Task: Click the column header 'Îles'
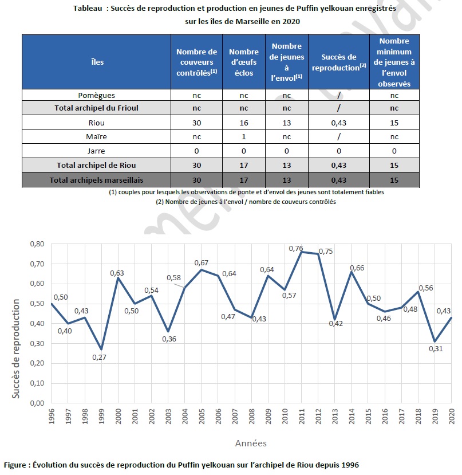[x=97, y=62]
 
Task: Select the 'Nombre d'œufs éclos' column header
[x=244, y=62]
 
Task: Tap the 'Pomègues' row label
[x=97, y=95]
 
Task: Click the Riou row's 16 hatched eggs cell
[x=244, y=123]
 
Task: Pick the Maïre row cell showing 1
[x=244, y=136]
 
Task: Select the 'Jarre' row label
[x=96, y=151]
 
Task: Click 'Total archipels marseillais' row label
[x=96, y=180]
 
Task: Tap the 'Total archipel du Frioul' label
[x=96, y=108]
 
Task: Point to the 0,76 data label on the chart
[x=296, y=249]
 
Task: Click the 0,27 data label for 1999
[x=99, y=357]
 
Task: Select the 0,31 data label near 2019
[x=436, y=349]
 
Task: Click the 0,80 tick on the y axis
[x=37, y=244]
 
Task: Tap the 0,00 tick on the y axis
[x=37, y=403]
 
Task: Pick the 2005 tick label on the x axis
[x=202, y=416]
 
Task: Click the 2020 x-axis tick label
[x=451, y=416]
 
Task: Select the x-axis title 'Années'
[x=251, y=443]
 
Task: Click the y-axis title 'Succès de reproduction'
[x=15, y=349]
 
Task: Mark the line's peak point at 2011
[x=301, y=252]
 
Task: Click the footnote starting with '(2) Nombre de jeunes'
[x=246, y=202]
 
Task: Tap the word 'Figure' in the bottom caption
[x=15, y=465]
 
